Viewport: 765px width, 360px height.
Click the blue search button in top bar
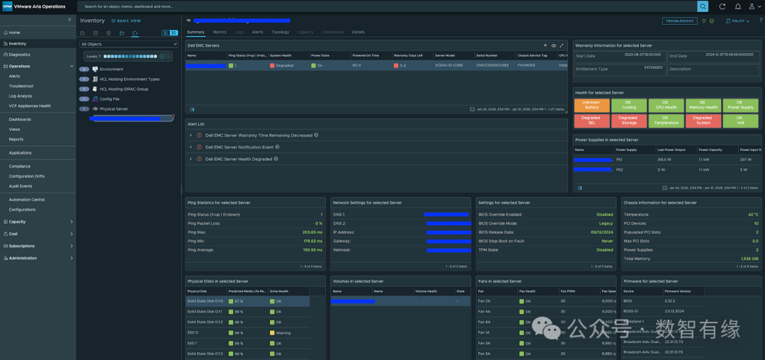pyautogui.click(x=703, y=6)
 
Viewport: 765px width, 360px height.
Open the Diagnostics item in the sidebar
pyautogui.click(x=19, y=55)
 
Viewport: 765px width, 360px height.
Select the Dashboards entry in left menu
pyautogui.click(x=20, y=119)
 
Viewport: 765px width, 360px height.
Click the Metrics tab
pyautogui.click(x=220, y=32)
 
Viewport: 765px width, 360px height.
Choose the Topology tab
pyautogui.click(x=280, y=32)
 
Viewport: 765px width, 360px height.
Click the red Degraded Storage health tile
pyautogui.click(x=628, y=120)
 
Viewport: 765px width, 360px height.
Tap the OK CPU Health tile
pyautogui.click(x=665, y=105)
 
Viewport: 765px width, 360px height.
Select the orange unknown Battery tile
pyautogui.click(x=590, y=105)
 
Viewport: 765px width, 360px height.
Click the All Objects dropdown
pyautogui.click(x=129, y=44)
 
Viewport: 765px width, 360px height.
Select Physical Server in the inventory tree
pyautogui.click(x=113, y=109)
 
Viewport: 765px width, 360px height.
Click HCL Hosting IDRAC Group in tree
pyautogui.click(x=123, y=89)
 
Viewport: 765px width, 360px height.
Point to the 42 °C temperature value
pyautogui.click(x=752, y=214)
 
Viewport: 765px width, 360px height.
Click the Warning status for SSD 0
pyautogui.click(x=283, y=332)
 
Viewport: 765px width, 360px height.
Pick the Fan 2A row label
pyautogui.click(x=484, y=301)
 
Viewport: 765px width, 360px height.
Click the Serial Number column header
pyautogui.click(x=487, y=55)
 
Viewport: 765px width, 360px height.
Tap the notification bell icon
pyautogui.click(x=737, y=6)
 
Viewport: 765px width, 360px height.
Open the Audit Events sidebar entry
pyautogui.click(x=21, y=186)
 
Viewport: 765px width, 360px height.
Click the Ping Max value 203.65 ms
pyautogui.click(x=312, y=232)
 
